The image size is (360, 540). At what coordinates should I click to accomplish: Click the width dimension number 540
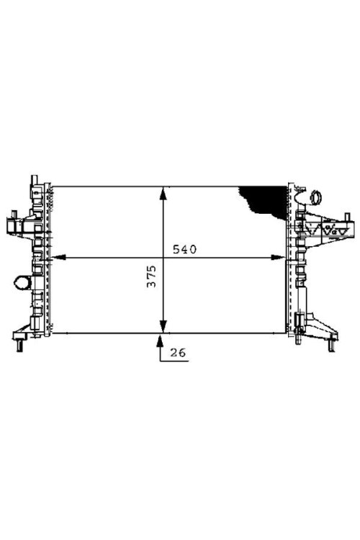tap(184, 249)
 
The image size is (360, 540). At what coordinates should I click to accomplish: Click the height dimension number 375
tap(152, 276)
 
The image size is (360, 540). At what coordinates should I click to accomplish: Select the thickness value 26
tap(178, 352)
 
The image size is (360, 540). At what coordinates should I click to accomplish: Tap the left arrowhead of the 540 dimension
tap(58, 257)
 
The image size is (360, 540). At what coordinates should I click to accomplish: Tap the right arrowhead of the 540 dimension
tap(278, 257)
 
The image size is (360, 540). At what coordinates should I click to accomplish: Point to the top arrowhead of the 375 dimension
tap(163, 193)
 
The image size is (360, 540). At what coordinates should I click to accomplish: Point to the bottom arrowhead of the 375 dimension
tap(163, 326)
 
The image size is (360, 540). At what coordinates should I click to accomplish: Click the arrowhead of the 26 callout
tap(160, 341)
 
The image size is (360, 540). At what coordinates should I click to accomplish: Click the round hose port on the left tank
tap(22, 282)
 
